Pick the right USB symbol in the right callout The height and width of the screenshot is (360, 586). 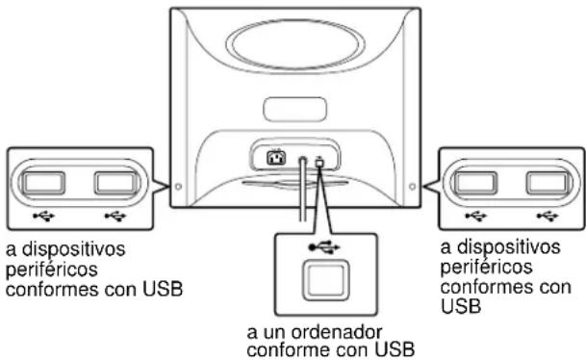click(x=545, y=215)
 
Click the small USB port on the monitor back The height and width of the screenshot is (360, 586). click(x=318, y=155)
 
